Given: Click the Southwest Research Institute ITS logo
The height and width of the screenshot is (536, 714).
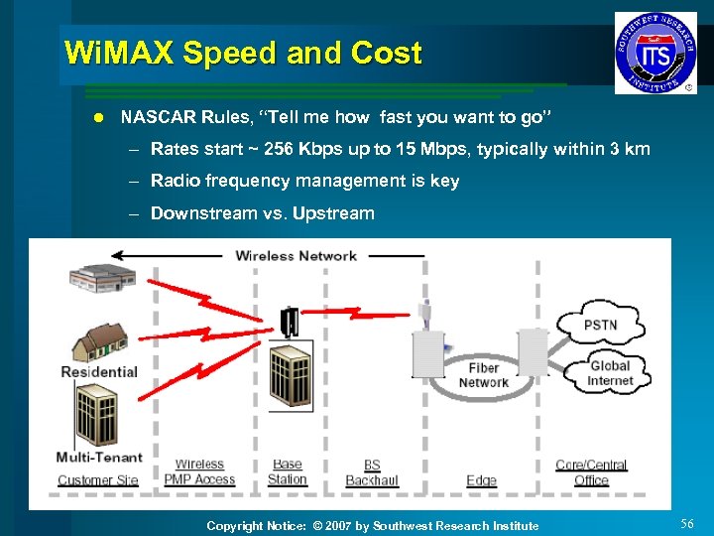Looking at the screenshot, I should [x=654, y=53].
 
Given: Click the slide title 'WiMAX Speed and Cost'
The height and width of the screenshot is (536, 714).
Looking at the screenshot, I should [x=243, y=53].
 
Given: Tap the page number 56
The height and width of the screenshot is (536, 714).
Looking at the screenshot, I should [x=687, y=523].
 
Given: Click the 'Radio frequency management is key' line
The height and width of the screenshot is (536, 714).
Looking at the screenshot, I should [x=304, y=181].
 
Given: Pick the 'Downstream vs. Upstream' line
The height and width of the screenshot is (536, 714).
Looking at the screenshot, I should [x=262, y=212].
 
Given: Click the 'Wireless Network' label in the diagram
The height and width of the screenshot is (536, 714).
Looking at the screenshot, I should [x=296, y=256].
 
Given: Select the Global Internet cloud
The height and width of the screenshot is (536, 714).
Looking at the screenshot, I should [x=609, y=372].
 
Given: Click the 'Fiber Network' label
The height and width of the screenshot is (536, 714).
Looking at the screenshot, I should [x=483, y=375].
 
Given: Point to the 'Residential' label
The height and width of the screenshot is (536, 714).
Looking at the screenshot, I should [x=99, y=371].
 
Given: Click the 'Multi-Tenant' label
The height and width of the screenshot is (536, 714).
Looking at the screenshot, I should [x=99, y=458].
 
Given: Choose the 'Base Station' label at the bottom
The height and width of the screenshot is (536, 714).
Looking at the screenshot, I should [x=287, y=471].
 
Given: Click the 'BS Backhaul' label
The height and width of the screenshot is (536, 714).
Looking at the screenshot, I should [x=371, y=472].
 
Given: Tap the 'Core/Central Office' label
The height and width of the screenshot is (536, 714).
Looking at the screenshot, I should [x=591, y=472].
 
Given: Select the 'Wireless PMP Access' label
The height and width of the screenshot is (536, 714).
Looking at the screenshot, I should [x=199, y=472].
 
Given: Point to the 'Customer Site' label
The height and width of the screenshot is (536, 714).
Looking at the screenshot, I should [x=98, y=480].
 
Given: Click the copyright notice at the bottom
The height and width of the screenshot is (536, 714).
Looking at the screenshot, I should [x=372, y=525].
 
